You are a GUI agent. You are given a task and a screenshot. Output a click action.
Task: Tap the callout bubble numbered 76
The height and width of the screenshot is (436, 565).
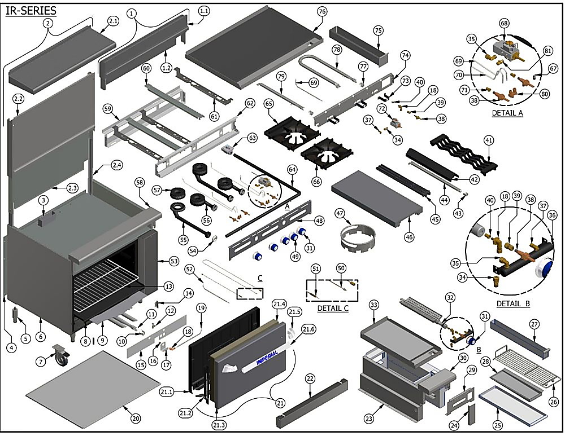(x=322, y=12)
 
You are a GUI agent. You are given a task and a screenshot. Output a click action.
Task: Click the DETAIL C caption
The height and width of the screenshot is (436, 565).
(x=333, y=309)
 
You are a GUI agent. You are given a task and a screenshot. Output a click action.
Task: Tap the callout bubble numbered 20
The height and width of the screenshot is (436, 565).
(x=136, y=418)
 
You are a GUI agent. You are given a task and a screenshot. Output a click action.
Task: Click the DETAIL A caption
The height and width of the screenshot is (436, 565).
(x=507, y=113)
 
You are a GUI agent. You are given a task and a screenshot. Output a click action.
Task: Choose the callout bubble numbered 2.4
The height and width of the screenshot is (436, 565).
(x=116, y=165)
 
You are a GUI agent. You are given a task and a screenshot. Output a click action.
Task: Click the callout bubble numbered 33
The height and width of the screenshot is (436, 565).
(x=374, y=305)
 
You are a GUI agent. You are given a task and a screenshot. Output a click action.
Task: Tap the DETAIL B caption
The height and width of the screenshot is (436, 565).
(x=513, y=303)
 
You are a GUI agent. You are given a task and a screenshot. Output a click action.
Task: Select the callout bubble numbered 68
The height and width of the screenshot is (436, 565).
(x=504, y=23)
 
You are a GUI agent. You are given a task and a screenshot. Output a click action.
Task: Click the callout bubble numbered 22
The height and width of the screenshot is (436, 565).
(x=310, y=378)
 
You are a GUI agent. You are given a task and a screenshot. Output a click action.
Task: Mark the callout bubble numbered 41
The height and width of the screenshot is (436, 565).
(x=489, y=140)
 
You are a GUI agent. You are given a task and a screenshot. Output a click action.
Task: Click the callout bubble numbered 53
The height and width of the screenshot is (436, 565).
(x=173, y=261)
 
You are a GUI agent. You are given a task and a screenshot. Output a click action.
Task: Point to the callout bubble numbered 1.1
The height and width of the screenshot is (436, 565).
(x=203, y=11)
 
